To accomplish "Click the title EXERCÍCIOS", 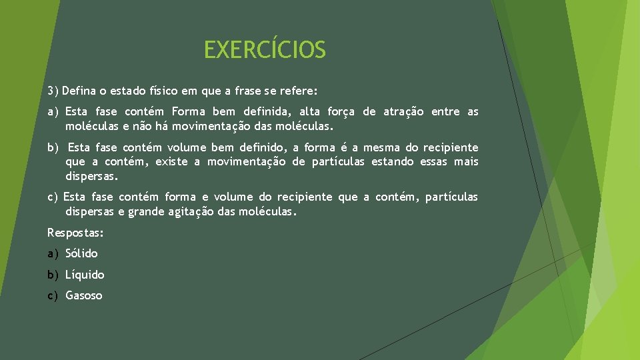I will (265, 50).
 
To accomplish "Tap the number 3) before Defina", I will (53, 90).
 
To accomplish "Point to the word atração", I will (403, 111).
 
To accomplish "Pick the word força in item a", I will (341, 111).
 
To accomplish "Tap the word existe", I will (172, 162).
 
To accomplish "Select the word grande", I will (145, 212).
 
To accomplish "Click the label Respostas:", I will (75, 233).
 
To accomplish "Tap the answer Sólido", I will (81, 253).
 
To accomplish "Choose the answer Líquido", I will (85, 275).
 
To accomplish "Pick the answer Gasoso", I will (84, 295).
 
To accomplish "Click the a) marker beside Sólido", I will (53, 253).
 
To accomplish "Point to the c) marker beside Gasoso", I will (53, 295).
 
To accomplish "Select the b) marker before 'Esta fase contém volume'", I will (53, 147).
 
